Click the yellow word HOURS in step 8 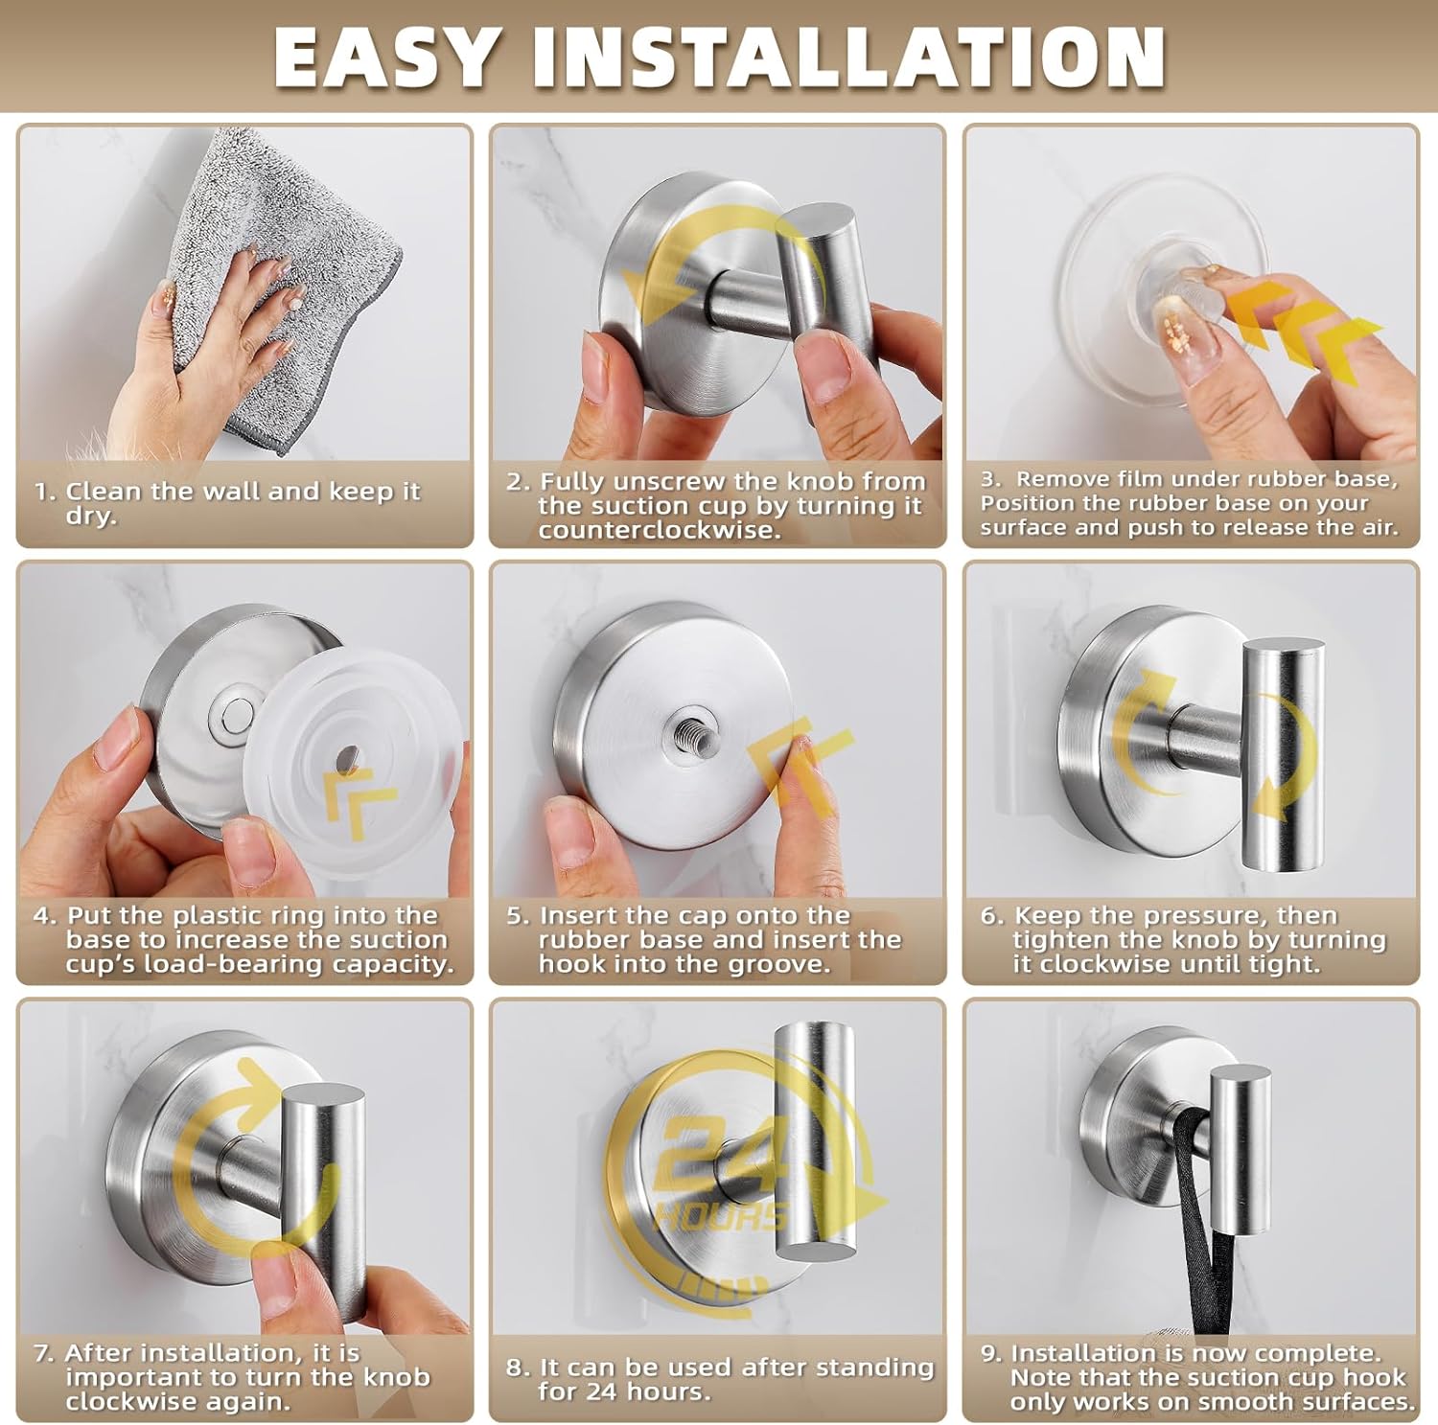(719, 1215)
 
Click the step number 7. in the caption (44, 1353)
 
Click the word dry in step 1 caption (90, 516)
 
